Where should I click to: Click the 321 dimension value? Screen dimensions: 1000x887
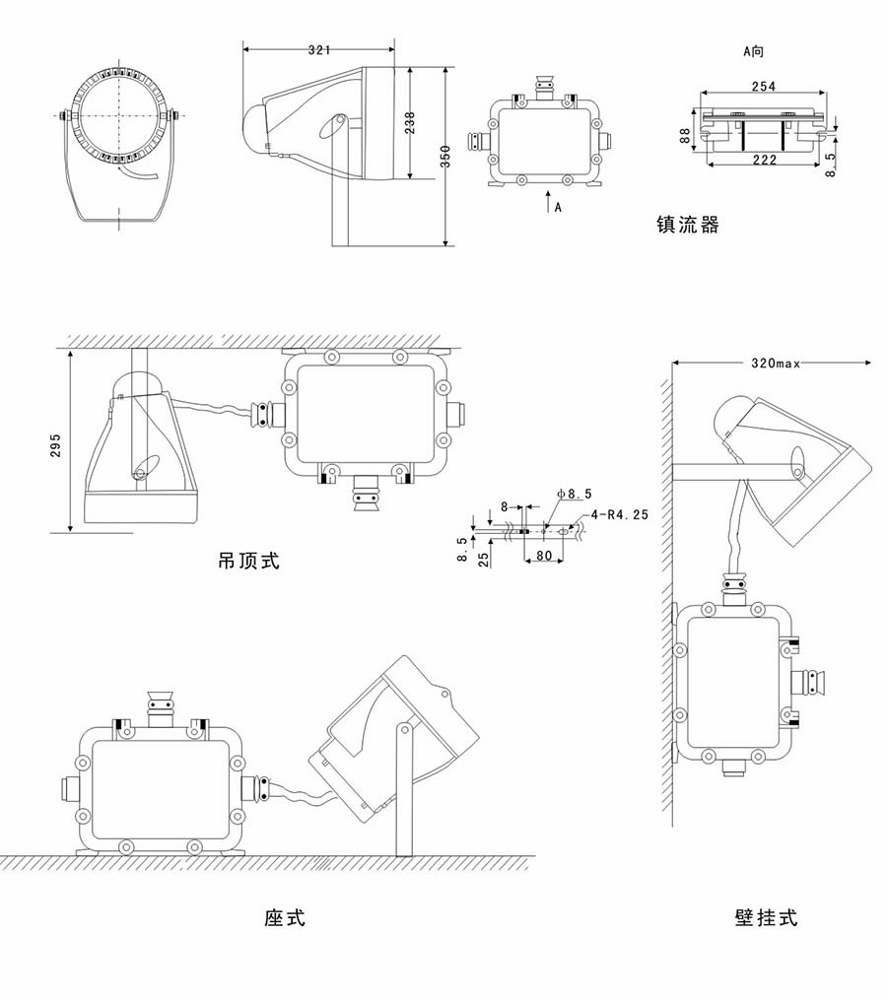click(318, 48)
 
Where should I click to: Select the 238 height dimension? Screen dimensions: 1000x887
click(410, 122)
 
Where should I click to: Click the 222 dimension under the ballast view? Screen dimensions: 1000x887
click(765, 160)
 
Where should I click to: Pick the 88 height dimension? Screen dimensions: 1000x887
click(686, 136)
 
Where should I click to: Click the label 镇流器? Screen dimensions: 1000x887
click(688, 226)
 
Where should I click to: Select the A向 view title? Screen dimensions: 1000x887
click(754, 50)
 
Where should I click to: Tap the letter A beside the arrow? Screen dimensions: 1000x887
click(558, 207)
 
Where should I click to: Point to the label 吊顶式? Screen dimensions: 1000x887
click(248, 562)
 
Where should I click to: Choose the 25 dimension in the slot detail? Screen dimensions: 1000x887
click(482, 558)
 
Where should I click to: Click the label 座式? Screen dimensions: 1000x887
click(285, 918)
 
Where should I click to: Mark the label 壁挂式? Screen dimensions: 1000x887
click(766, 918)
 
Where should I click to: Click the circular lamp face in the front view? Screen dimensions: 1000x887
click(120, 116)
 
